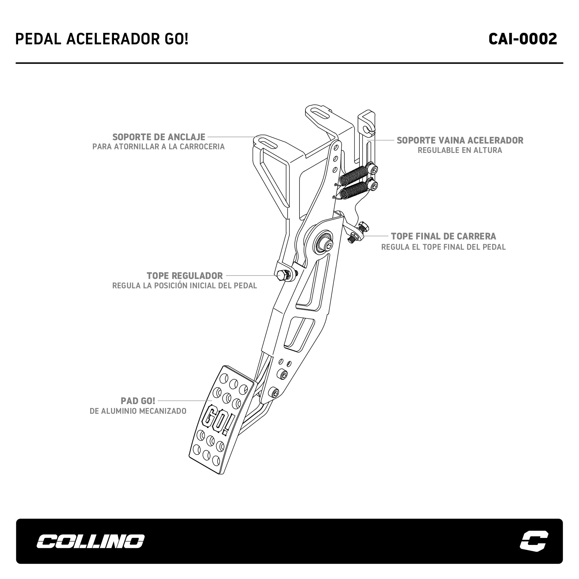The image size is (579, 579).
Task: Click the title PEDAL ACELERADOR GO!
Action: pos(102,39)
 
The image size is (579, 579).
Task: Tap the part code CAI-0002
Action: pos(523,39)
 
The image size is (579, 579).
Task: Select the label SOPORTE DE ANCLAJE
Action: pos(159,137)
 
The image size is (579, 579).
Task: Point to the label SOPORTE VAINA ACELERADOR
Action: pos(460,140)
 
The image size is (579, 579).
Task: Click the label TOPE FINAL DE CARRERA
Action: pos(443,236)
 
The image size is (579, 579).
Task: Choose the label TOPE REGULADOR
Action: pos(185,276)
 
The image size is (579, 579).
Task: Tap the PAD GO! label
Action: pos(138,401)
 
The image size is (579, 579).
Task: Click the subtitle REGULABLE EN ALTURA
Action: pos(460,150)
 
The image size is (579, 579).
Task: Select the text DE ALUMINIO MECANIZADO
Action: pos(138,411)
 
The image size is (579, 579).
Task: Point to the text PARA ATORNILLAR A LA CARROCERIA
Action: pos(159,147)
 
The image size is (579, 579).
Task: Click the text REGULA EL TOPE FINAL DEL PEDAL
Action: pos(443,247)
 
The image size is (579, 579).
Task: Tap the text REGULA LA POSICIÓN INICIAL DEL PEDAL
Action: pos(185,286)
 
